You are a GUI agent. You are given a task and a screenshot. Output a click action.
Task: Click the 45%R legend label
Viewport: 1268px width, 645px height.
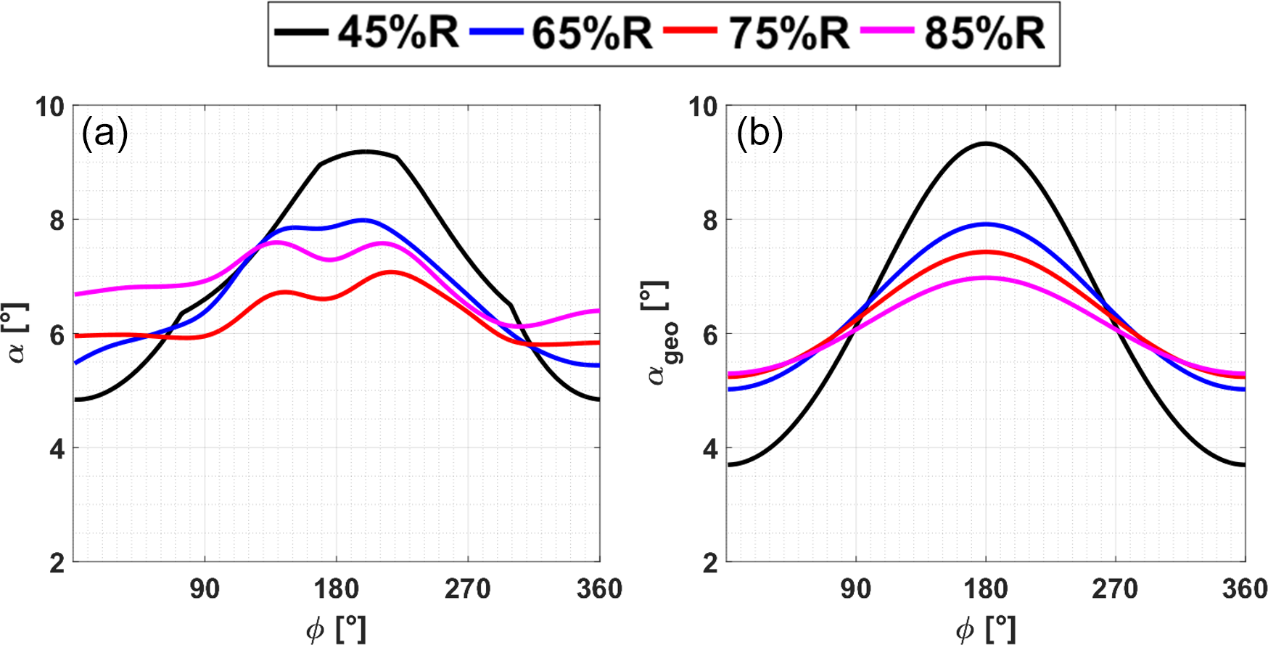point(398,33)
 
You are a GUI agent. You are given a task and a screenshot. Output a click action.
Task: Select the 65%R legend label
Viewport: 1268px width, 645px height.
point(592,33)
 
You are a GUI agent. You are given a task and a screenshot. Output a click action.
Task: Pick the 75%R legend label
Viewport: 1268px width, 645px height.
point(789,33)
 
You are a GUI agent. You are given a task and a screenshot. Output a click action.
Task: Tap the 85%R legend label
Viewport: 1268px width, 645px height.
point(984,33)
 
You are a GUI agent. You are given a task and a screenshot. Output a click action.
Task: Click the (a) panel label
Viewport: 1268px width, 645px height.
point(104,133)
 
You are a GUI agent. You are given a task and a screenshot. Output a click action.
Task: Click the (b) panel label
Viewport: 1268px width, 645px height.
point(759,133)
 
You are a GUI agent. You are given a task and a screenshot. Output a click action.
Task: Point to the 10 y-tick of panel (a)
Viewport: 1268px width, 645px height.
point(50,107)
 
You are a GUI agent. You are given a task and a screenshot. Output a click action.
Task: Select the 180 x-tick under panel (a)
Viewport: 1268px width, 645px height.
point(337,588)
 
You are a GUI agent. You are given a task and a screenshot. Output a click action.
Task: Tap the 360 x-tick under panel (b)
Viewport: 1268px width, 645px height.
point(1244,588)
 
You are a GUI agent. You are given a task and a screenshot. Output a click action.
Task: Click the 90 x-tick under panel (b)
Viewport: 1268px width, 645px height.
point(856,588)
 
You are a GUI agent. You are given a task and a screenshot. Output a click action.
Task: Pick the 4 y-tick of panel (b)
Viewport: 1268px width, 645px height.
point(710,448)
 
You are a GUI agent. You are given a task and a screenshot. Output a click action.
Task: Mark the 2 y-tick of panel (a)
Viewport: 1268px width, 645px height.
point(57,563)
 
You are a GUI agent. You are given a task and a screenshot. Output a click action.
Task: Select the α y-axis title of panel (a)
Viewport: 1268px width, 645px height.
point(16,333)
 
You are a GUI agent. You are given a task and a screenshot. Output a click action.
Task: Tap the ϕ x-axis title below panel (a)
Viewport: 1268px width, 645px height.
point(336,628)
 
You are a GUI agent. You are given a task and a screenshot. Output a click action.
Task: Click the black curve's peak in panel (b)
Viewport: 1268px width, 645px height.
point(985,144)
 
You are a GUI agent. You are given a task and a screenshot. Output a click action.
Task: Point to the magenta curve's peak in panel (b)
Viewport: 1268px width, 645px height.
point(985,278)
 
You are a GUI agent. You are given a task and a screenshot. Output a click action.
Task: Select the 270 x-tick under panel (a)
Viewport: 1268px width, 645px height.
point(468,588)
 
